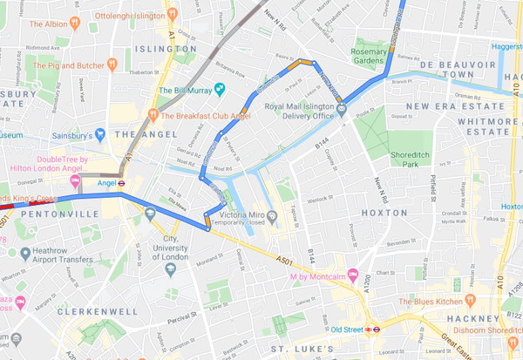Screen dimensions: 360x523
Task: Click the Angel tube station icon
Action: (122, 183)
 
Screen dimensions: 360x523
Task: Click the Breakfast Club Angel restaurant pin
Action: (153, 113)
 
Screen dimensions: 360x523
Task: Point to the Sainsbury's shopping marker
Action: (102, 135)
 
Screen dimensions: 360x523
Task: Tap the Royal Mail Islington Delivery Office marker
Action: (342, 109)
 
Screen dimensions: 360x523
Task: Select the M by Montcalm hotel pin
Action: (354, 276)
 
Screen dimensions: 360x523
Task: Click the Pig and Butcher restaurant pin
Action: (112, 65)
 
